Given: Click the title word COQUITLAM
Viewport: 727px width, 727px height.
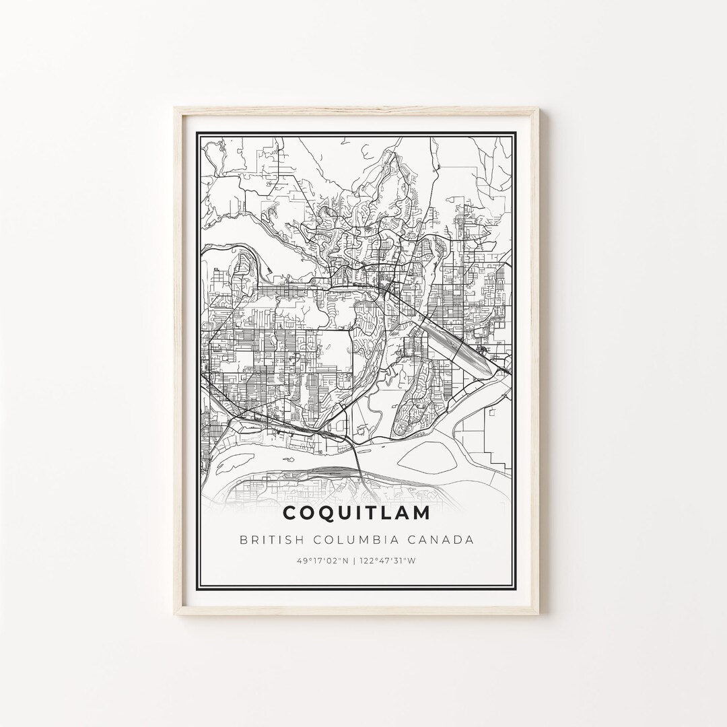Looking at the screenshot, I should (357, 513).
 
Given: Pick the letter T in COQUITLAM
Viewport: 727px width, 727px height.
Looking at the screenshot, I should (374, 513).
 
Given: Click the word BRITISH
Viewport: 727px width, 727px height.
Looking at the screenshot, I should (268, 540).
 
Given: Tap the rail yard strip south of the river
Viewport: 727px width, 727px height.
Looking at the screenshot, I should (330, 473).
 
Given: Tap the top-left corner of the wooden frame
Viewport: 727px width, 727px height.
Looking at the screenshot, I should (176, 109).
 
